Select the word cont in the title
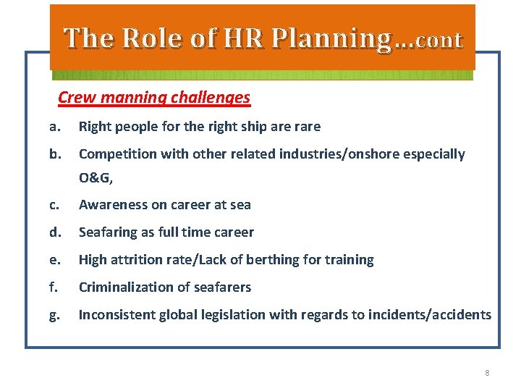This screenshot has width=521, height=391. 438,40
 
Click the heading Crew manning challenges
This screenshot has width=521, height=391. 154,97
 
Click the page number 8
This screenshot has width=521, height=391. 487,373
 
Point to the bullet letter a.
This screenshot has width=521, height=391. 54,127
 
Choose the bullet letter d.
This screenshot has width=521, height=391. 54,232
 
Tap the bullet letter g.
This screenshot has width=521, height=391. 54,315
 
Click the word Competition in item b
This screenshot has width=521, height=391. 114,154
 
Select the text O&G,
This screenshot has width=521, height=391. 96,179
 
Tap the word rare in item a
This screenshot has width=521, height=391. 307,127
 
